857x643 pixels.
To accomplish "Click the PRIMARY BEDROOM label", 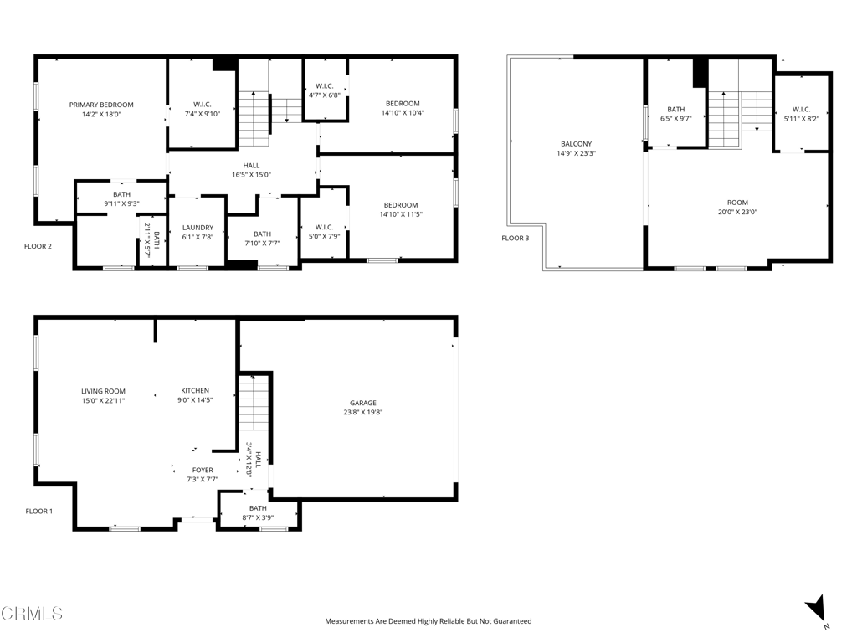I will point(101,105).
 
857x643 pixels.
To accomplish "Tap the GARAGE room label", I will point(362,403).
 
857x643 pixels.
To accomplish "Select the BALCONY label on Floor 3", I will point(576,144).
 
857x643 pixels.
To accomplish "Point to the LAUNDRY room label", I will point(198,228).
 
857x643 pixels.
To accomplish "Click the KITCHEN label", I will point(195,391).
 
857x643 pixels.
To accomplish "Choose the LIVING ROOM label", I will point(103,391).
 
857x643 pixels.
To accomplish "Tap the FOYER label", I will point(202,471).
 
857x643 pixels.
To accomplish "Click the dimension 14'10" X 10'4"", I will point(403,113).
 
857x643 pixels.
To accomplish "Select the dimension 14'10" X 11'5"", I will point(401,214).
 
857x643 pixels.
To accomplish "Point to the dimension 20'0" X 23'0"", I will point(736,212).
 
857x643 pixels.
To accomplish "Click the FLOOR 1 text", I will point(38,511).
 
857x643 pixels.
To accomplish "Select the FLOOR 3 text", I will point(515,239).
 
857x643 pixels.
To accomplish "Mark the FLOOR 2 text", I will point(38,246).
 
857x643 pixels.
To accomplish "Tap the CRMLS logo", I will point(32,614).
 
